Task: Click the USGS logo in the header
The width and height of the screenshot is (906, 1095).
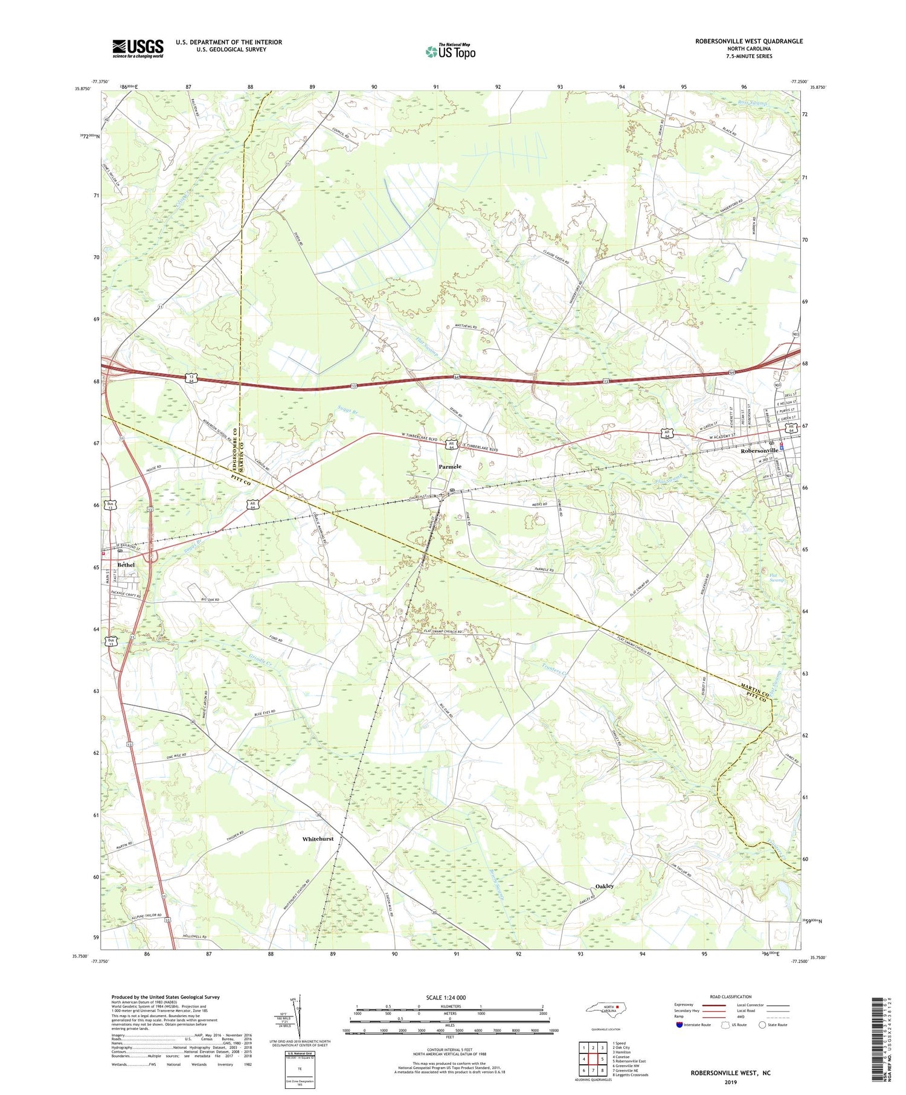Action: point(138,48)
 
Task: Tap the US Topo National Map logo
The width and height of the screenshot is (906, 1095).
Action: point(451,51)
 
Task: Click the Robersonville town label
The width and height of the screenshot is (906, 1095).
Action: point(762,451)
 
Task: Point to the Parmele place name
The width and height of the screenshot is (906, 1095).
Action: point(450,466)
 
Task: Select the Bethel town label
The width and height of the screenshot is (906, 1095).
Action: point(126,565)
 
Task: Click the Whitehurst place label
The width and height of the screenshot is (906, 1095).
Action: point(318,839)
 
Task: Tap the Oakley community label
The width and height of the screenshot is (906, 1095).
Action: point(604,886)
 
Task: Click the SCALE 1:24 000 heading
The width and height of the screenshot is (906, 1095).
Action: point(446,997)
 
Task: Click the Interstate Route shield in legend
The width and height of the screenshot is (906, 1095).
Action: point(679,1024)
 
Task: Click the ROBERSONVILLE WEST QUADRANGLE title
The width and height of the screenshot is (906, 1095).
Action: point(749,41)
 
